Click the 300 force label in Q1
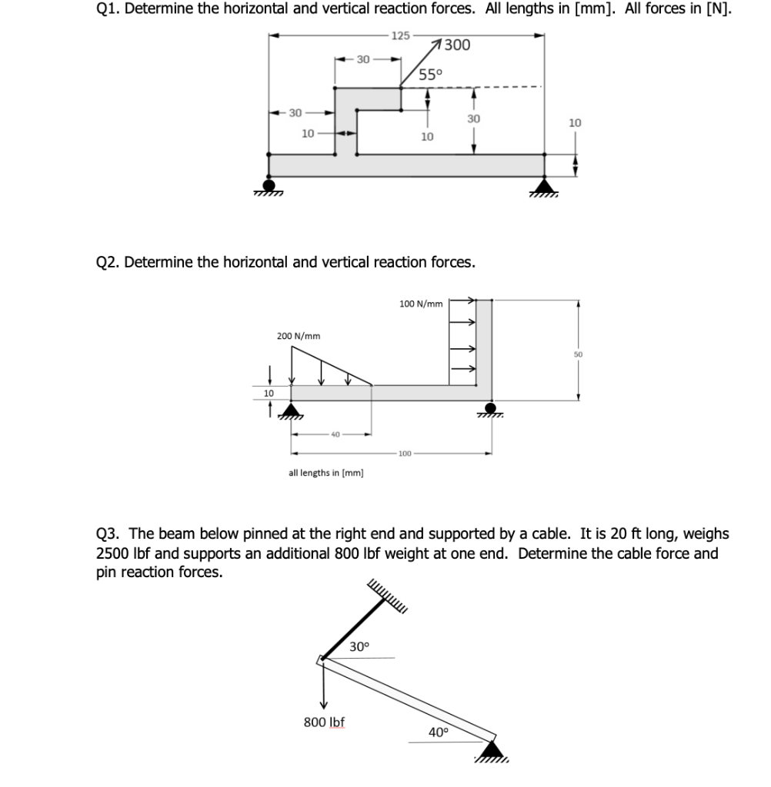[x=457, y=45]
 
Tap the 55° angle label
[x=431, y=75]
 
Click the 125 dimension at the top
[x=400, y=35]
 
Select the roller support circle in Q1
[x=269, y=184]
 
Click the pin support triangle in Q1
[x=545, y=185]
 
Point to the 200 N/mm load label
[x=299, y=336]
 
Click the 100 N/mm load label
[x=421, y=304]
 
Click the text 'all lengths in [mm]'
[x=326, y=473]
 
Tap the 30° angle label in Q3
[x=359, y=646]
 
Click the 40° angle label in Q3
[x=438, y=732]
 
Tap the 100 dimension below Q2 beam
[x=405, y=453]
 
